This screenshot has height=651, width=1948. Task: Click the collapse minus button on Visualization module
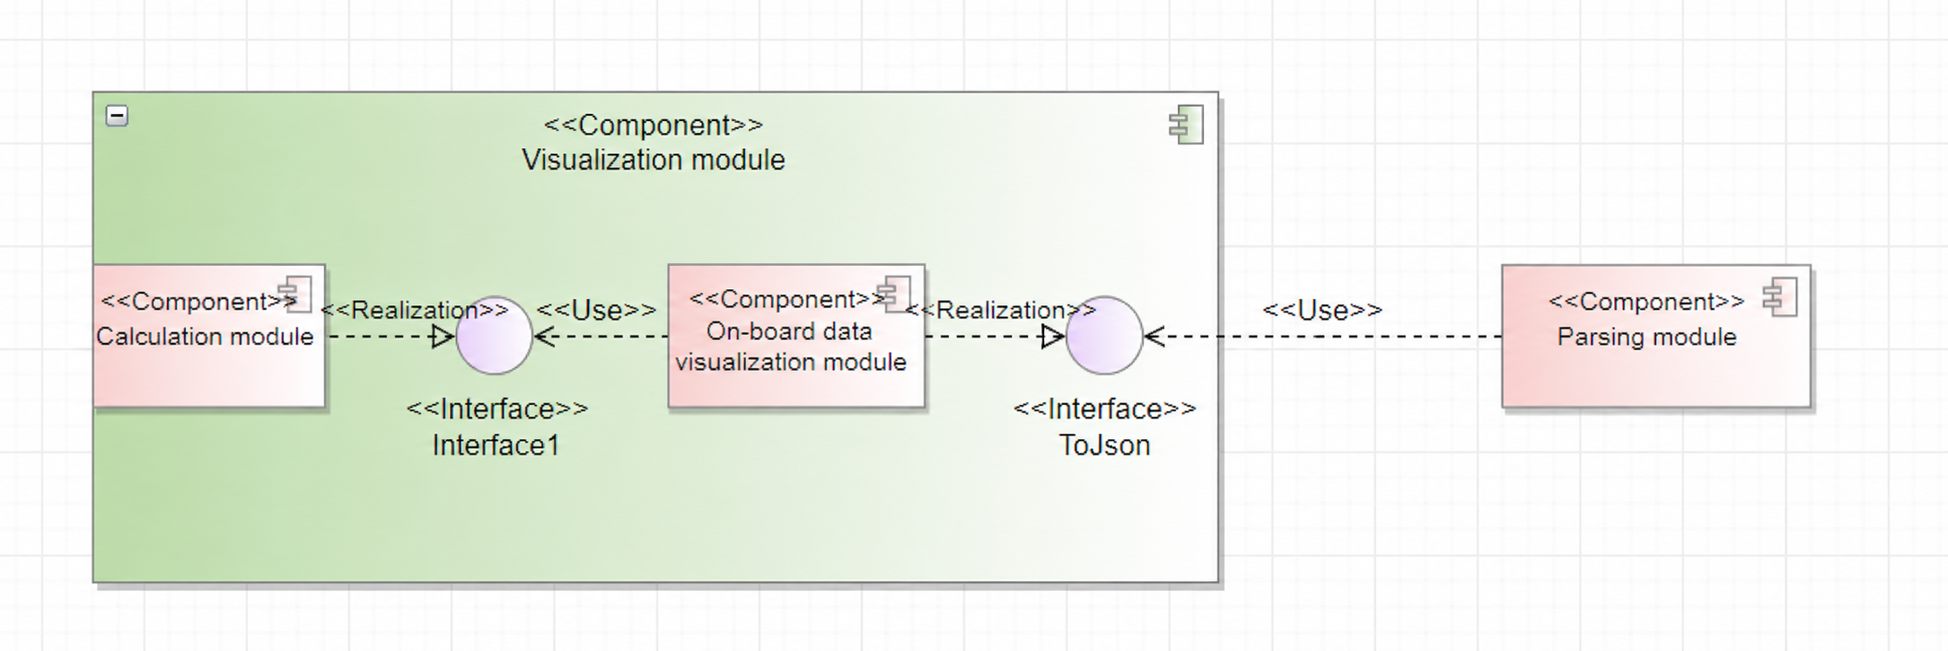point(117,116)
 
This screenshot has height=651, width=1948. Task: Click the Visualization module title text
point(654,160)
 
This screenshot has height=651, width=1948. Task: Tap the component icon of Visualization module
point(1186,125)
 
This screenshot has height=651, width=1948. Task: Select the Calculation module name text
point(205,337)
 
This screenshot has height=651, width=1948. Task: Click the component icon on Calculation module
point(295,294)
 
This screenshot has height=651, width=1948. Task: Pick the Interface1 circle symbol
point(494,336)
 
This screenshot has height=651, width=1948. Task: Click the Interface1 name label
point(496,445)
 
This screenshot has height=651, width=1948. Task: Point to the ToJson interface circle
point(1104,336)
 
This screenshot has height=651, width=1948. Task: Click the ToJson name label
point(1104,445)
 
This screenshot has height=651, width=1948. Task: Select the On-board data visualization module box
point(796,336)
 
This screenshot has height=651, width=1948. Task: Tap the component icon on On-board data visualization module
point(894,294)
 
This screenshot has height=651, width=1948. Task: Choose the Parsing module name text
point(1646,337)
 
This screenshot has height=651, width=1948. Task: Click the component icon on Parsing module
point(1780,297)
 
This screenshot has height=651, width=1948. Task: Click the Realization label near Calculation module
point(415,310)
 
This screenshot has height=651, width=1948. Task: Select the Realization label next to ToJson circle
point(1000,310)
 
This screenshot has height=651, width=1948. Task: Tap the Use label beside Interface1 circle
point(597,310)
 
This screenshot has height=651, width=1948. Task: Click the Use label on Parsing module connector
point(1322,310)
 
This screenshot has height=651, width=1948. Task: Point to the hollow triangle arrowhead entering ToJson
point(1053,337)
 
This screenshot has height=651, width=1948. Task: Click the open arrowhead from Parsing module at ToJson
point(1154,337)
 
